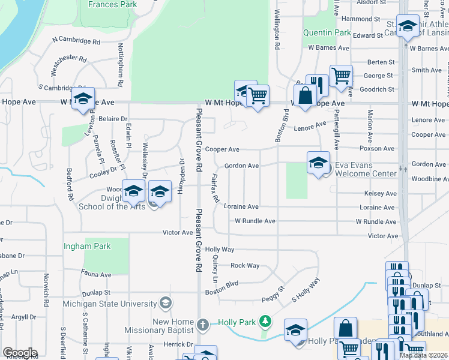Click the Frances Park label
point(112,4)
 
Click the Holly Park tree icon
point(265,322)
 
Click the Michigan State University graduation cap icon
point(166,304)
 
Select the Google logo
point(20,353)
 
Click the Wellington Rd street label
point(277,29)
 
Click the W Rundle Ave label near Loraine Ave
point(255,221)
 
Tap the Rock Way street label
point(245,265)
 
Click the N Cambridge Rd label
point(76,41)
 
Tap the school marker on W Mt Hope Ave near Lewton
point(83,98)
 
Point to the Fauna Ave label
point(97,275)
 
